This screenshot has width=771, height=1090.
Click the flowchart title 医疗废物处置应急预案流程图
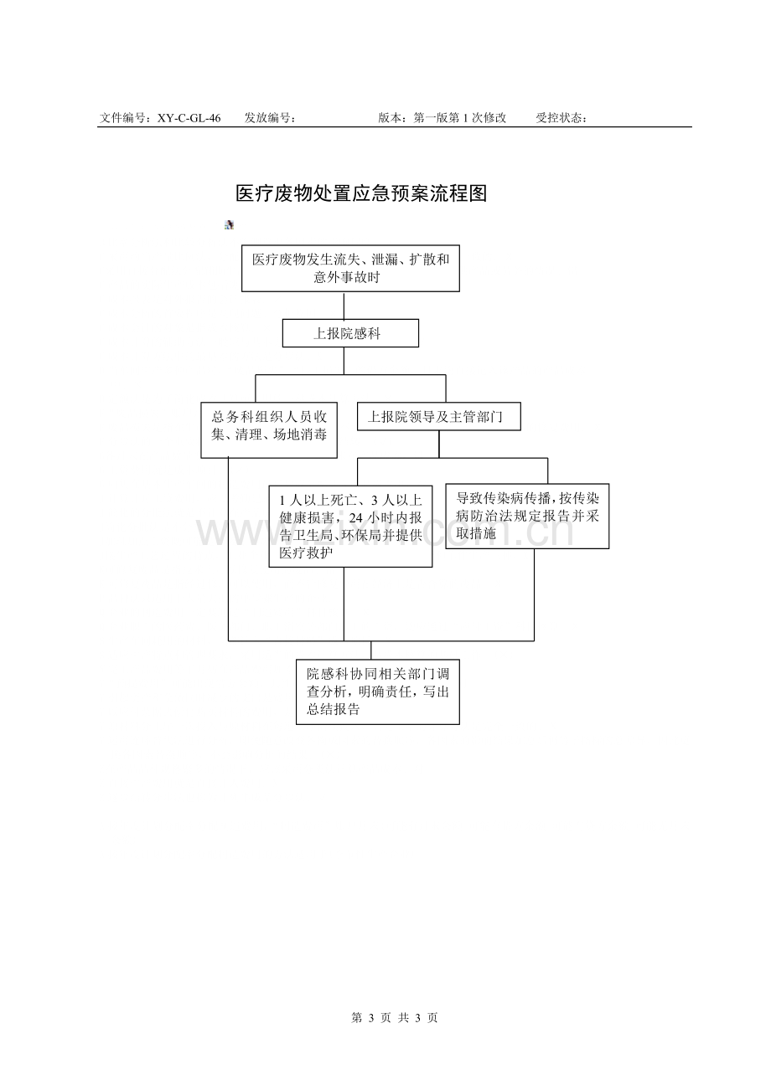[x=361, y=193]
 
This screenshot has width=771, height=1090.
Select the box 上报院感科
[x=350, y=333]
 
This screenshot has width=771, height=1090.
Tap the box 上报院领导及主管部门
[x=439, y=417]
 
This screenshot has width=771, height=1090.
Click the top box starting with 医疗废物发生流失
[x=350, y=268]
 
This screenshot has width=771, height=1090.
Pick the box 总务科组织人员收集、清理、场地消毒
[x=269, y=429]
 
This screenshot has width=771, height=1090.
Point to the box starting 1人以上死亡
[x=350, y=526]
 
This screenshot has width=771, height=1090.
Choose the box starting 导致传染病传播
[x=527, y=516]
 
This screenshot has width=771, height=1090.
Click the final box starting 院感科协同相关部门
[x=377, y=692]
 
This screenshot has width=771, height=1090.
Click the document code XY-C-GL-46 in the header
[x=189, y=118]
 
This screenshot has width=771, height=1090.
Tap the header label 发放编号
[x=267, y=118]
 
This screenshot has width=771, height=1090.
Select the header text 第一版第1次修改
[x=460, y=118]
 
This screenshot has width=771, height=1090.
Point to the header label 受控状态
[x=559, y=118]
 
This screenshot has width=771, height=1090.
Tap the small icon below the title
[x=229, y=225]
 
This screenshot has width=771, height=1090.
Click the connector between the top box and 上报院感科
[x=344, y=306]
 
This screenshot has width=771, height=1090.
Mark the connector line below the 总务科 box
[x=229, y=549]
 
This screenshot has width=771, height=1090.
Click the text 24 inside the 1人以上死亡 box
[x=355, y=517]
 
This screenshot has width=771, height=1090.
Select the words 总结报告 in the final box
[x=334, y=709]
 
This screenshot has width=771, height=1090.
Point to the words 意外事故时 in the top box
[x=347, y=277]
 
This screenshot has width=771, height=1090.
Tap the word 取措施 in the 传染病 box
[x=476, y=533]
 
